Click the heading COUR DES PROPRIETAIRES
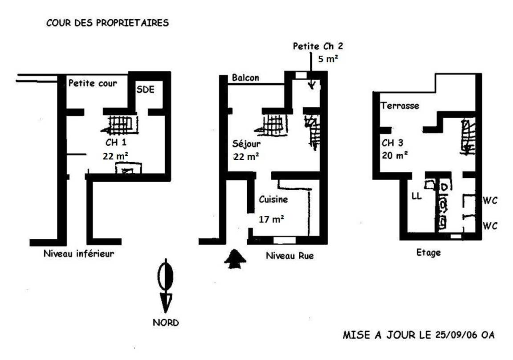107,23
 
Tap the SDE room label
145,90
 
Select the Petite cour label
93,83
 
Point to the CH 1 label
116,143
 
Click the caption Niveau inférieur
79,254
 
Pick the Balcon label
245,78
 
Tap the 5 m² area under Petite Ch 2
328,59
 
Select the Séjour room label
246,144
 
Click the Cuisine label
273,199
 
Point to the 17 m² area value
271,219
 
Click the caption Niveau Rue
289,256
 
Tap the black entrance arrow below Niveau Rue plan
235,259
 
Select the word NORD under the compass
166,323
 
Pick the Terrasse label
400,106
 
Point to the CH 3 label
393,143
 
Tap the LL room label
416,196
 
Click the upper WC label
490,200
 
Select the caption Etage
428,253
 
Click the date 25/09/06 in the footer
456,335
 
